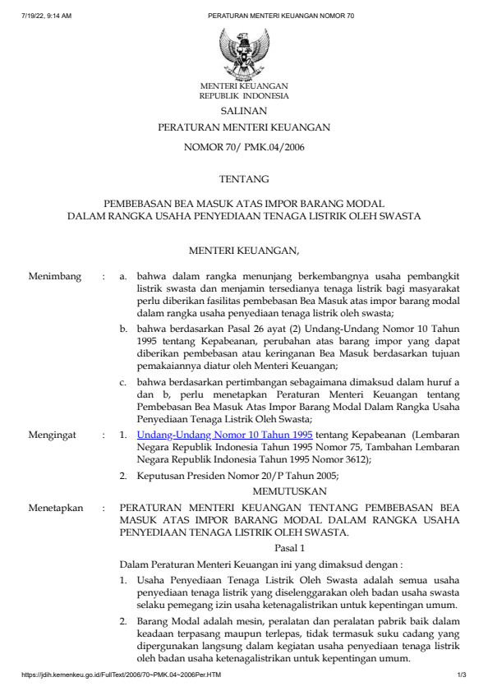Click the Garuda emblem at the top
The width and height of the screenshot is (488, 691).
pyautogui.click(x=244, y=53)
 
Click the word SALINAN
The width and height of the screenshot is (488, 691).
pyautogui.click(x=244, y=110)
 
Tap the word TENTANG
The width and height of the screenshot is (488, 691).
pyautogui.click(x=244, y=177)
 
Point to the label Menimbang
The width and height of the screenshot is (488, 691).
pyautogui.click(x=55, y=277)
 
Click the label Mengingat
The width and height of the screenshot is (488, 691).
pyautogui.click(x=54, y=433)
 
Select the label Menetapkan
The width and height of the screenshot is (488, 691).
pyautogui.click(x=56, y=508)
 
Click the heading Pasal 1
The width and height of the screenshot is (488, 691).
pyautogui.click(x=290, y=547)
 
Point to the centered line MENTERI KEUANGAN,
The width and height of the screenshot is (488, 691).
pyautogui.click(x=244, y=249)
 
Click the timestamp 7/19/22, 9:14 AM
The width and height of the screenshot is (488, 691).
pyautogui.click(x=47, y=16)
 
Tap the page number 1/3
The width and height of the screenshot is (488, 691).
pyautogui.click(x=462, y=675)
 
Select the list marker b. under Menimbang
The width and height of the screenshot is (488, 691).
pyautogui.click(x=123, y=329)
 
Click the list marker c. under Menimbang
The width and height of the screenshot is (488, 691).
pyautogui.click(x=123, y=382)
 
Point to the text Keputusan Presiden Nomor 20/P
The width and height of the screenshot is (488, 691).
pyautogui.click(x=205, y=474)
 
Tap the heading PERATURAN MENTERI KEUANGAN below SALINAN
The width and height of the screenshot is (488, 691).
pyautogui.click(x=244, y=128)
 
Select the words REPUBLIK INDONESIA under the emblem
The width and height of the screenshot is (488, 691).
pyautogui.click(x=244, y=95)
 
